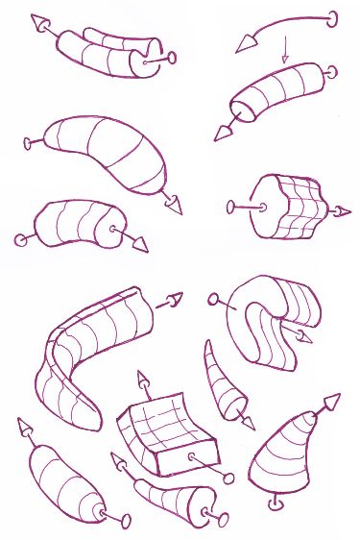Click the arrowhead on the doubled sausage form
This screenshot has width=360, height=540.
(x=41, y=23)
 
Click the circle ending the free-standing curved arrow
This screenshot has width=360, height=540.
(x=333, y=16)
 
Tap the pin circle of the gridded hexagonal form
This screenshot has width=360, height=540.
(x=232, y=205)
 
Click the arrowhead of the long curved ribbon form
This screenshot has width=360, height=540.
(x=173, y=299)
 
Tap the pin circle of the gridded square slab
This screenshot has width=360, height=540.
(x=228, y=477)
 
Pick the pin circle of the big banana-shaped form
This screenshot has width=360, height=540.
(x=28, y=143)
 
